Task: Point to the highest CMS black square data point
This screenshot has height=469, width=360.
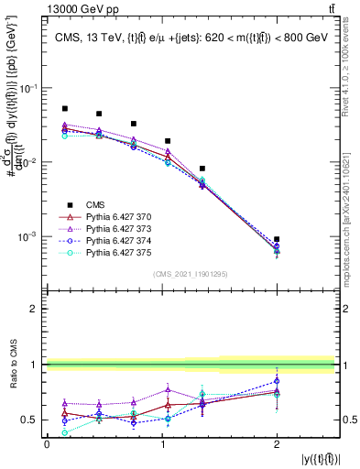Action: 64,108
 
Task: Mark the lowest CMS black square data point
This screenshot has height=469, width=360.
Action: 277,239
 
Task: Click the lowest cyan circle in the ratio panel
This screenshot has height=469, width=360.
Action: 64,432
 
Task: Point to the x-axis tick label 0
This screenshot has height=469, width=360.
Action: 47,443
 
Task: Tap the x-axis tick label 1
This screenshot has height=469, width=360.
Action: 161,443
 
